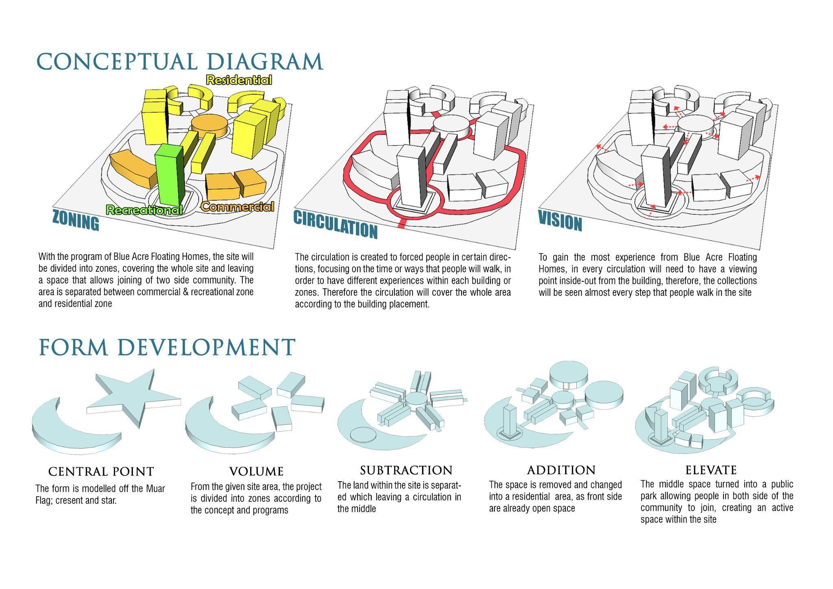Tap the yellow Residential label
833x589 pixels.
tap(239, 80)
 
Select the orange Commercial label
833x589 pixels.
tap(238, 207)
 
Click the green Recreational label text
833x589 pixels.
tap(144, 210)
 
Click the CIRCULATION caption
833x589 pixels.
tap(336, 225)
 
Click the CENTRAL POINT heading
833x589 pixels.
tap(101, 472)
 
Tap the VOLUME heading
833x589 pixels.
tap(256, 472)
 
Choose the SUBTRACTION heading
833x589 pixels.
tap(406, 471)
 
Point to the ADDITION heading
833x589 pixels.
tap(561, 471)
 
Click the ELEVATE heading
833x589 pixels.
tap(711, 471)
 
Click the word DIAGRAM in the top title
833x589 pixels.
tap(265, 61)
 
